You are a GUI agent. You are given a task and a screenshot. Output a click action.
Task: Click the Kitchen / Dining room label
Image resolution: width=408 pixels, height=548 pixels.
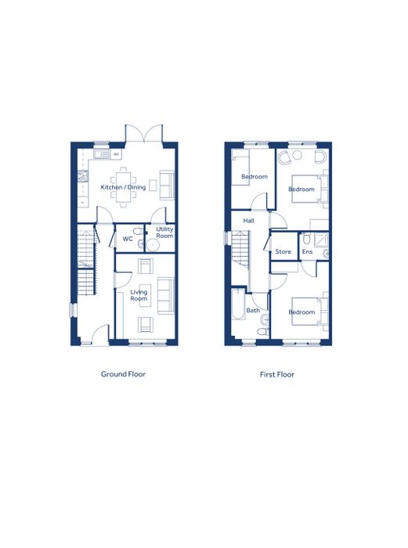[123, 187]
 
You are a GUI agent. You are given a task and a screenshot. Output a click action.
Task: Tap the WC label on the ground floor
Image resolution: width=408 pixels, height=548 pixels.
[128, 239]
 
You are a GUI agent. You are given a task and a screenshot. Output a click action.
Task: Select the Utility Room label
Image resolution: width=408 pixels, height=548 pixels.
[164, 233]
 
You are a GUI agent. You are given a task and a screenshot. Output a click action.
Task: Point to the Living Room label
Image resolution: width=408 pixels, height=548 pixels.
[139, 295]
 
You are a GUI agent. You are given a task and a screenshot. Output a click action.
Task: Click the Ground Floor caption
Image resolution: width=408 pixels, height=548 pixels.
[123, 374]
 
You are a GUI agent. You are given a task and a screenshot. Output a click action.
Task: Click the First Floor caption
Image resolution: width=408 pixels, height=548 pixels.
[277, 374]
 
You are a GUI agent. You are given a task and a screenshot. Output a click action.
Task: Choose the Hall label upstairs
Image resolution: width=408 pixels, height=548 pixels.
[248, 221]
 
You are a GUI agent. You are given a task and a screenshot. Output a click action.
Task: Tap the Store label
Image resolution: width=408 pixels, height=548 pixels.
[283, 251]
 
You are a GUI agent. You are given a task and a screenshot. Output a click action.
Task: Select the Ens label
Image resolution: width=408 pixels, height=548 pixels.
[307, 251]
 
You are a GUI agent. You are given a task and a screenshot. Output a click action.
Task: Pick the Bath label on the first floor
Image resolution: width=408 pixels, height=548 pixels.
[253, 310]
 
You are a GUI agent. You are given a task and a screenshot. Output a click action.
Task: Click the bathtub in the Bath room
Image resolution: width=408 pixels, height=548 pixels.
[238, 304]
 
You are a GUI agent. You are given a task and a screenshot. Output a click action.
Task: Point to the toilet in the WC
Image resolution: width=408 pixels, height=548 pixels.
[138, 232]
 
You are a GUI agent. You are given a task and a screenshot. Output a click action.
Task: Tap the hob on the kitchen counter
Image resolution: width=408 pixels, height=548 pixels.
[82, 176]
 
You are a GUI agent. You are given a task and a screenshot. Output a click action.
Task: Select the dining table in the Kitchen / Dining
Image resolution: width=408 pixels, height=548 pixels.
[124, 187]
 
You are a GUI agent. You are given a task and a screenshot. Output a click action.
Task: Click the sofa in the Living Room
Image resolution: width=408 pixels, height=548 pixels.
[166, 296]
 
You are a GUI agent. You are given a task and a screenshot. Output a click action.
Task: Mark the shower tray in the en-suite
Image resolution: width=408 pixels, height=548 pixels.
[321, 240]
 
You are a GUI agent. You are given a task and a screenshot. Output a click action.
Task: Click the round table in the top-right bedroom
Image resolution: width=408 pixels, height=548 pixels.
[297, 155]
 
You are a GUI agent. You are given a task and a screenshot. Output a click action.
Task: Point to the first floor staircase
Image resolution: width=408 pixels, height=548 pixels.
[240, 250]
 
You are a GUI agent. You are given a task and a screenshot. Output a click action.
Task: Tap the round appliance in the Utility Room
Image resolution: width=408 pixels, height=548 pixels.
[153, 245]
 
